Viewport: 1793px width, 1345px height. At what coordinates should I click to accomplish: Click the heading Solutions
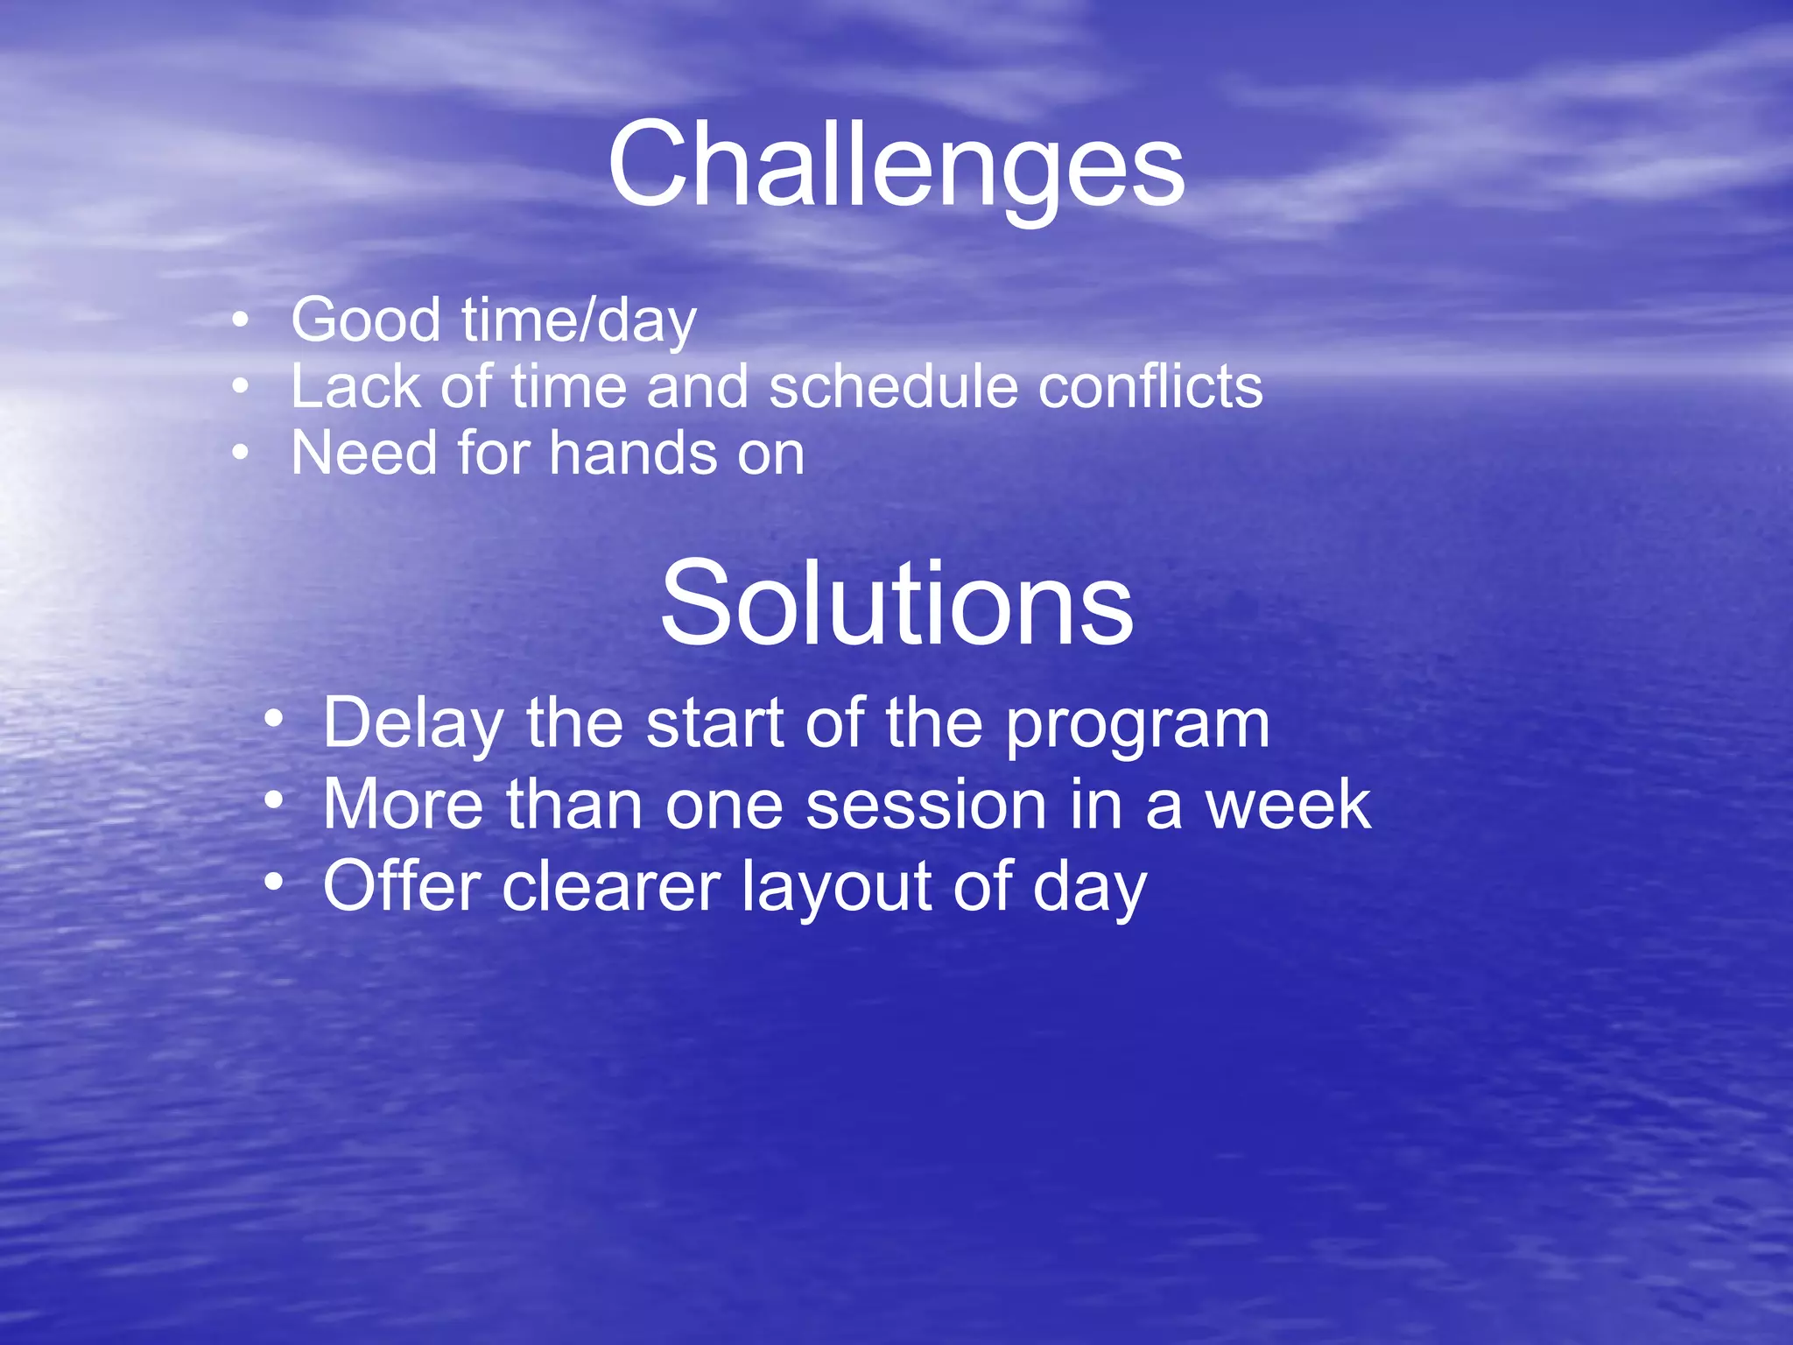point(896,604)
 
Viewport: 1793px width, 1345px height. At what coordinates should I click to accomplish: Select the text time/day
point(579,321)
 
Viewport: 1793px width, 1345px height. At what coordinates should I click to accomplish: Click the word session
point(927,806)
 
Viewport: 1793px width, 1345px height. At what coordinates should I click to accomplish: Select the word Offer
point(402,886)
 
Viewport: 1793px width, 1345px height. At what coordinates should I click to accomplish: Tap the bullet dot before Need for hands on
point(241,453)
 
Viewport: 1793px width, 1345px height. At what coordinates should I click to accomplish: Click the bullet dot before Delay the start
point(274,721)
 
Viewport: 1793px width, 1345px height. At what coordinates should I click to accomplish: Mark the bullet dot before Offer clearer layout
point(274,882)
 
